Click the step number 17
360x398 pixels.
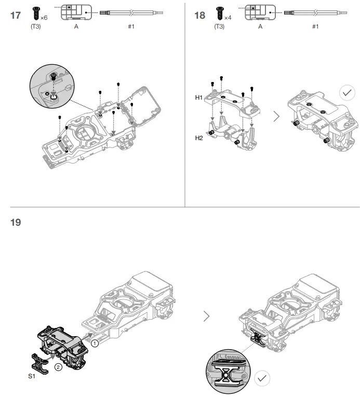coord(16,15)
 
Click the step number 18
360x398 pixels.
coord(200,15)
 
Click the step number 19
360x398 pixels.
coord(16,223)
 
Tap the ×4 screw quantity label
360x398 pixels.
coord(228,18)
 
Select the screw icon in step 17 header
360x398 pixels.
coord(36,12)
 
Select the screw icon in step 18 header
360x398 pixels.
coord(220,12)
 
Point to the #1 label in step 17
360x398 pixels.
coord(131,26)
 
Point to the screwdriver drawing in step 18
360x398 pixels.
coord(314,11)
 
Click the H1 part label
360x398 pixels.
coord(199,97)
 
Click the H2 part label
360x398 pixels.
coord(199,138)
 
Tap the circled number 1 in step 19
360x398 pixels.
coord(95,343)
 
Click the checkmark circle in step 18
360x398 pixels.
coord(346,93)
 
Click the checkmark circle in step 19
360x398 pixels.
coord(263,378)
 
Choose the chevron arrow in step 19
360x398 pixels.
coord(207,316)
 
